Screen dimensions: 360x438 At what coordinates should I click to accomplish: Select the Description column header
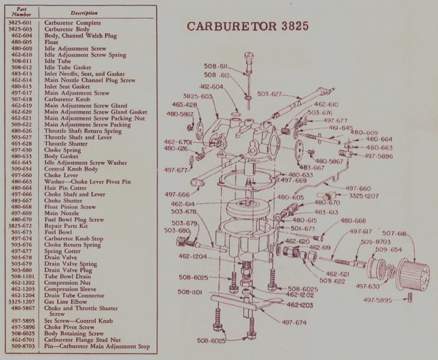84,13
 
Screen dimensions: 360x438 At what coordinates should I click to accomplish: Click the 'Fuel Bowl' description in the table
58,233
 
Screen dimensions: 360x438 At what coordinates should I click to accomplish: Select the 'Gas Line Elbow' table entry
65,302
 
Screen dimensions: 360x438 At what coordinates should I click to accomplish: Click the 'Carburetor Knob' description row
66,100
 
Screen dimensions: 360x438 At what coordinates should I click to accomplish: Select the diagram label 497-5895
378,300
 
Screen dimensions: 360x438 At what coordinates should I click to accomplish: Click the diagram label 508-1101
191,292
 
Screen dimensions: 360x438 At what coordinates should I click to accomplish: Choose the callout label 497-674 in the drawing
294,322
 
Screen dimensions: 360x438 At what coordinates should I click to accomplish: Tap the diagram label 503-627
269,94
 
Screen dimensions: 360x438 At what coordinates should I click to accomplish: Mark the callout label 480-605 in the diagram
290,197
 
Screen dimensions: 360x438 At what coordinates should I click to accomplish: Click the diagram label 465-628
184,104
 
